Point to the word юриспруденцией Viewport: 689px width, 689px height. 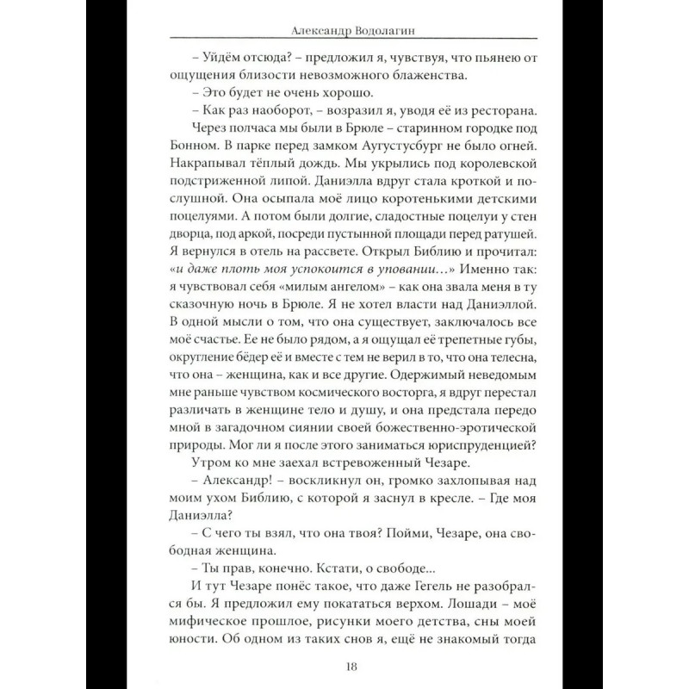[461, 444]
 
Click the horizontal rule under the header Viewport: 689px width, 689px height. [344, 40]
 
